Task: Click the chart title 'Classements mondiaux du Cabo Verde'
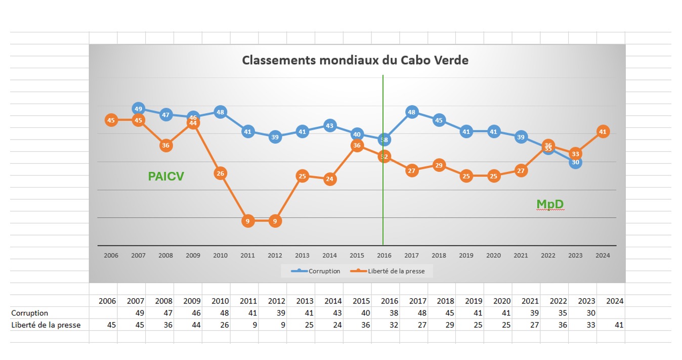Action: [355, 60]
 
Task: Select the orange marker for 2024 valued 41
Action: [602, 131]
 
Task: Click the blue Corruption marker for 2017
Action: [412, 112]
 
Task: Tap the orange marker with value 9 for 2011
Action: [248, 221]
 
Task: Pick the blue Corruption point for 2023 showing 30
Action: [575, 162]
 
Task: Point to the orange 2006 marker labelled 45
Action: [111, 120]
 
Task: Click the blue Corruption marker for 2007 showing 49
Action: [138, 109]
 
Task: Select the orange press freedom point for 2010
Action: [220, 173]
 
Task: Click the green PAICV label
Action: [166, 176]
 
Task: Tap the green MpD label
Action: [550, 204]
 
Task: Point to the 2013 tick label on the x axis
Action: [302, 255]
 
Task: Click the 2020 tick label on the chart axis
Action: [493, 255]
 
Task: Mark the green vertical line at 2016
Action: [383, 202]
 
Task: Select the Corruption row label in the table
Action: [30, 313]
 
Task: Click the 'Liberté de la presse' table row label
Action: [46, 325]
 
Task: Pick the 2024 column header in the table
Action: [615, 301]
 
